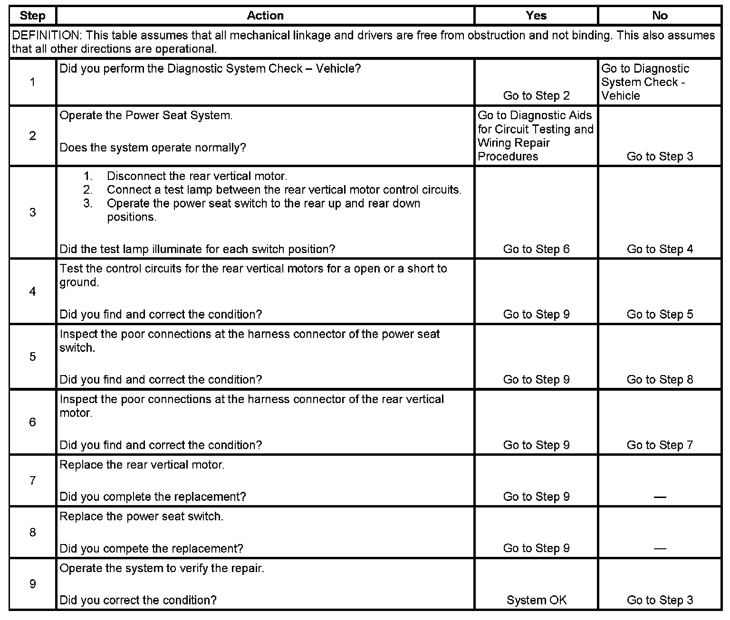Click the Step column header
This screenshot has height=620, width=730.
[32, 16]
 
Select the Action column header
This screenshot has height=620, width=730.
[265, 16]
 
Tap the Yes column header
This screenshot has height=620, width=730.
[536, 16]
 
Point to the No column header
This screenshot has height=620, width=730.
[660, 16]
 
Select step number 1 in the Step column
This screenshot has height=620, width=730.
[32, 82]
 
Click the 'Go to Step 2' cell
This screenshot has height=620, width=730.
[536, 96]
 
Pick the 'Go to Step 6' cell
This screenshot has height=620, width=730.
[536, 249]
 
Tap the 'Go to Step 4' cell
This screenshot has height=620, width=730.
[660, 249]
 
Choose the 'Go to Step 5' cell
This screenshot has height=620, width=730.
[660, 314]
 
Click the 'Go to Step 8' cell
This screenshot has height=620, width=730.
[660, 380]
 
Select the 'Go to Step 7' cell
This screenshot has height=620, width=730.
[660, 445]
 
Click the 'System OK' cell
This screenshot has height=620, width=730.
[536, 601]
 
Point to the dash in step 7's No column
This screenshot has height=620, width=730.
[660, 497]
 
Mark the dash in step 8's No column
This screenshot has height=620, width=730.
[660, 549]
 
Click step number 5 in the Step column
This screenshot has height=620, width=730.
[32, 357]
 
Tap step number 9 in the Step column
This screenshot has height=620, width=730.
[32, 584]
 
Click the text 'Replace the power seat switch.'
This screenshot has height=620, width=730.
[142, 517]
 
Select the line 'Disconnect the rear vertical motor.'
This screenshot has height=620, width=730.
[197, 177]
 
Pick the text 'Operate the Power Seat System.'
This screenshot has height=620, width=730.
[146, 116]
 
